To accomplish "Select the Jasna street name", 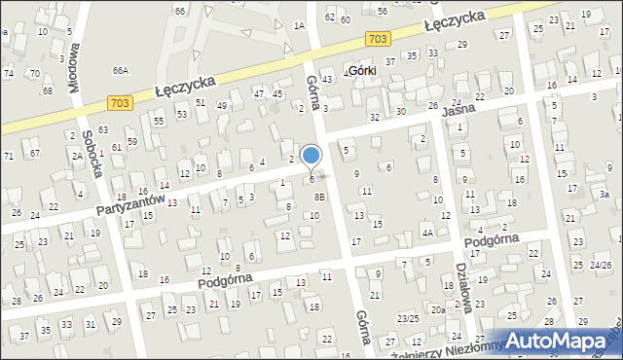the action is coord(457,111).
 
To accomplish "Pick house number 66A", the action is coord(121,70).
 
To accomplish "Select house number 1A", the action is coord(299,26).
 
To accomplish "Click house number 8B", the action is coord(318,197).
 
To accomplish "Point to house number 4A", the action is coord(426,234).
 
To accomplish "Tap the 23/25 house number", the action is coord(408,318).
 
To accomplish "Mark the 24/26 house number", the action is coord(601,266).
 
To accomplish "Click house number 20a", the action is coord(438,309).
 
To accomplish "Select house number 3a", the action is coord(605,195).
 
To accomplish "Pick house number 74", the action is coord(9,73).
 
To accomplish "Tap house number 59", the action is coord(132,142).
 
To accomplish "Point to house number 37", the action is coord(390,61).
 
